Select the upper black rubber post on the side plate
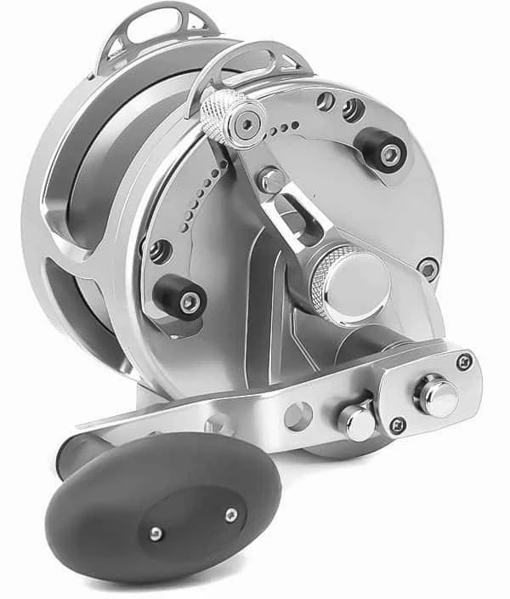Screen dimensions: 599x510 (382, 151)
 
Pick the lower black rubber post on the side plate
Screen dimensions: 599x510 (181, 297)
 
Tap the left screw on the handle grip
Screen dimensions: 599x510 (156, 533)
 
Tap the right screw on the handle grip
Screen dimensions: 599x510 (230, 514)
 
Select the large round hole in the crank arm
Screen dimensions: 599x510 (297, 416)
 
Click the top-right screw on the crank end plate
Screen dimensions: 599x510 (463, 361)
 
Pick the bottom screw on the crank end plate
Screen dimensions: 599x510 (396, 425)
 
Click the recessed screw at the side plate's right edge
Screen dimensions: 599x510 (428, 268)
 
